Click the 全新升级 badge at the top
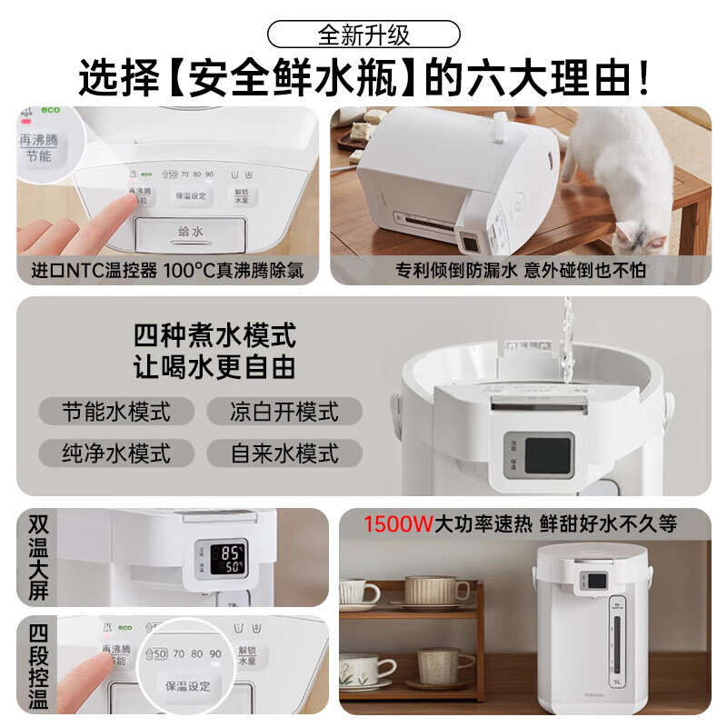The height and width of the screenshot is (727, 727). (363, 35)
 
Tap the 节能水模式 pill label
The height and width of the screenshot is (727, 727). (116, 411)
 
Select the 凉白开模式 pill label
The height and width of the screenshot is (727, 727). (284, 411)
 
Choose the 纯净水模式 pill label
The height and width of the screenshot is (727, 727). (116, 452)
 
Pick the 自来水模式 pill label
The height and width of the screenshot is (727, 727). (284, 452)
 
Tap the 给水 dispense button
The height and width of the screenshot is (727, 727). (190, 232)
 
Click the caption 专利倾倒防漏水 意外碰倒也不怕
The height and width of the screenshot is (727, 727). (522, 271)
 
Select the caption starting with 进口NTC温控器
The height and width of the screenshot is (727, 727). (165, 271)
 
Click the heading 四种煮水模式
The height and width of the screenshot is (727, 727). (214, 336)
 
